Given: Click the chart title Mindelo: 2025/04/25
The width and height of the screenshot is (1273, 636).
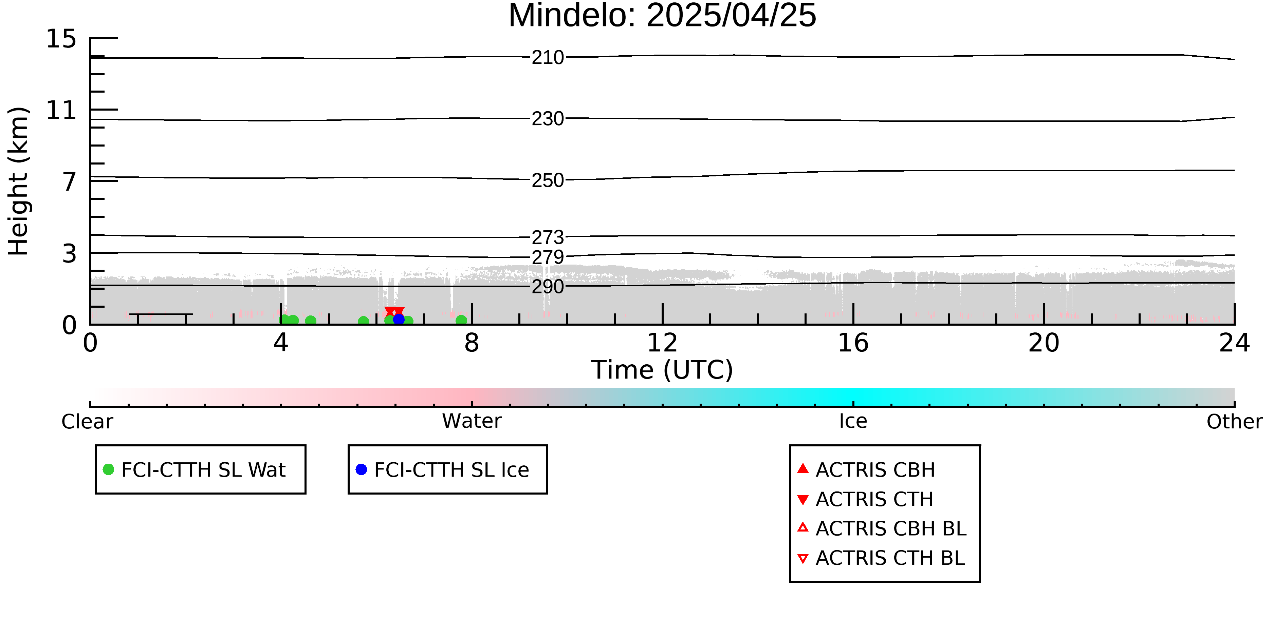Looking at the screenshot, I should (662, 16).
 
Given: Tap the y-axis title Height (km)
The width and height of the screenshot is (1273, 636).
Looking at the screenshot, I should (19, 181).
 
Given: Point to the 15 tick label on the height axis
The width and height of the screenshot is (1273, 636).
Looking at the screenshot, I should (61, 39).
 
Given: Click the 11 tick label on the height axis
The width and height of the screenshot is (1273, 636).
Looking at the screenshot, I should (61, 110).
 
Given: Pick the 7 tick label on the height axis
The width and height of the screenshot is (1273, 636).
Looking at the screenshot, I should (69, 182).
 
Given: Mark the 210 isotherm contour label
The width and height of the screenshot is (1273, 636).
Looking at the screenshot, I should (548, 58).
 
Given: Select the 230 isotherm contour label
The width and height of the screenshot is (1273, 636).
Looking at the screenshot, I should (548, 119).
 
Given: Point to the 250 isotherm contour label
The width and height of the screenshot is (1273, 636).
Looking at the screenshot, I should (548, 181).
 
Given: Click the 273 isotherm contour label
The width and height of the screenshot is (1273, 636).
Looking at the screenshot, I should (548, 237).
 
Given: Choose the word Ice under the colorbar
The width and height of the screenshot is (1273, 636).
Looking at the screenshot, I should (853, 421).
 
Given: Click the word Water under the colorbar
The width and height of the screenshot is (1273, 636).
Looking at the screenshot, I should (472, 421).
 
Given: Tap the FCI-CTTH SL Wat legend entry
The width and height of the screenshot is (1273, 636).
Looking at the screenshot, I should (201, 469).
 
